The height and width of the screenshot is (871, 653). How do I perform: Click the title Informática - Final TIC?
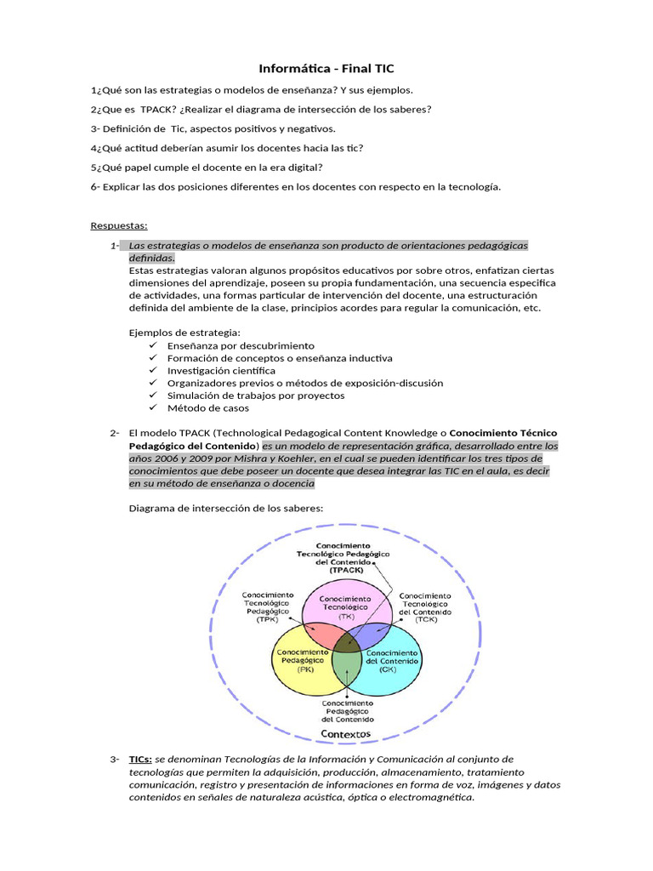point(326,69)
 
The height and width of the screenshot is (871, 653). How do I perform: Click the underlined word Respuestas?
point(119,225)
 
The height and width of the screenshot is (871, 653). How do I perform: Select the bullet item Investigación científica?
point(221,371)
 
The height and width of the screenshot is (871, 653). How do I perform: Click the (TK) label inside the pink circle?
point(345,616)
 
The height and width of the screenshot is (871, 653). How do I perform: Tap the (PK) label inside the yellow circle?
point(305,669)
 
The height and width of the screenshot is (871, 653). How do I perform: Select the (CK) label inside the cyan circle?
point(388,669)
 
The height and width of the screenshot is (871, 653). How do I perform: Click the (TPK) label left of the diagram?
point(268,620)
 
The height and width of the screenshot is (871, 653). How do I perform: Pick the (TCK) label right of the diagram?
point(425,620)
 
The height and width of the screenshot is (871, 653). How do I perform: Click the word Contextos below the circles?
point(345,733)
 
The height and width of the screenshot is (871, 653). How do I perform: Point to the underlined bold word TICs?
point(140,759)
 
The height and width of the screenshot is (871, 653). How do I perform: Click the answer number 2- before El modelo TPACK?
point(115,433)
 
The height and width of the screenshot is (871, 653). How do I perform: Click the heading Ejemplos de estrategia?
point(185,333)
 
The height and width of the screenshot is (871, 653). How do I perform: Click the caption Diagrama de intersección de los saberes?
point(225,509)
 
